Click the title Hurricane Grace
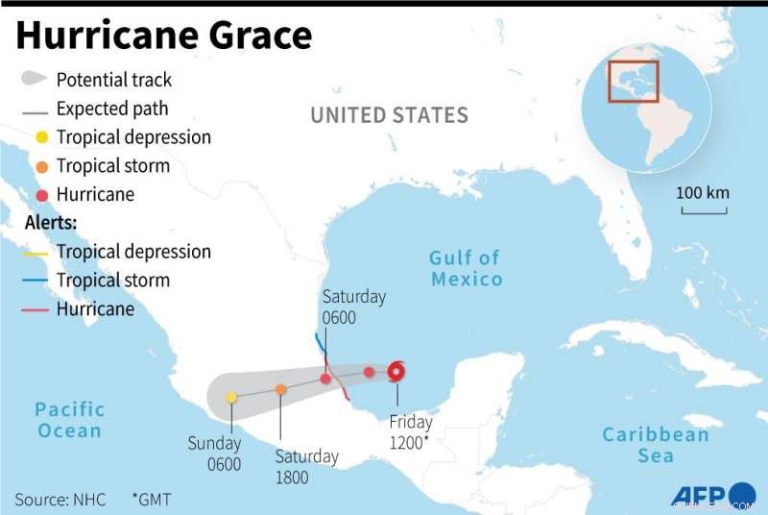(164, 36)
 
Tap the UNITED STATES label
(389, 115)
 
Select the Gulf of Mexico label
(466, 268)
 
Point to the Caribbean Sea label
(656, 445)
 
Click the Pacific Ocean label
(70, 420)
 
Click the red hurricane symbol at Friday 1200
(396, 373)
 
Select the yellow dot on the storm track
(231, 397)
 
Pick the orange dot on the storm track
(280, 389)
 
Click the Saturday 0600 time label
(353, 307)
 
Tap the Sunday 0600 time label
(214, 454)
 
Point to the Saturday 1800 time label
(306, 465)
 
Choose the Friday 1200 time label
(411, 431)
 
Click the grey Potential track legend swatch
(35, 79)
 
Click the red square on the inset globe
(634, 81)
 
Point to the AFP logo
(699, 494)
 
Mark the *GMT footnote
(152, 500)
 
